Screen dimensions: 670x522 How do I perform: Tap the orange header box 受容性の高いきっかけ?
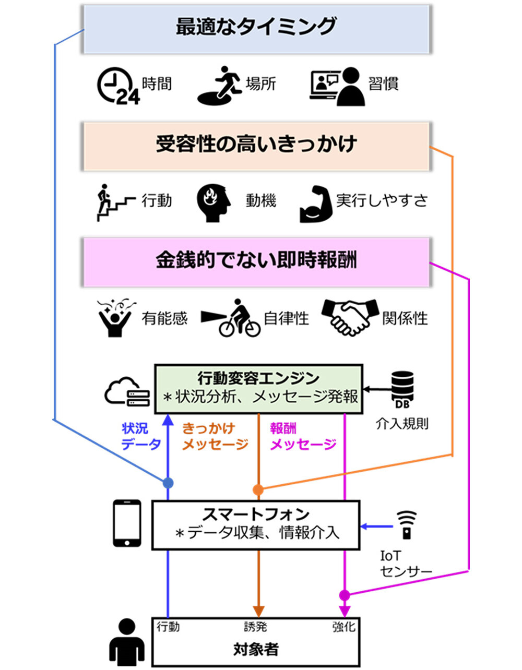coord(256,146)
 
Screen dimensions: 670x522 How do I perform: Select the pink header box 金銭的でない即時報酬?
coord(256,261)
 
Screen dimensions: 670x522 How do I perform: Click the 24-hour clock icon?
coord(117,86)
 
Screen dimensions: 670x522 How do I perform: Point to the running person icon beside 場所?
coord(219,85)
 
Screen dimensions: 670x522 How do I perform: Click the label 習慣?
coord(383,83)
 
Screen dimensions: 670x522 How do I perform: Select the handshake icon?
coord(350,316)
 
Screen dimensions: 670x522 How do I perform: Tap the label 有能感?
coord(164,318)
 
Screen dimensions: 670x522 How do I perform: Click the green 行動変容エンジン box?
coord(259,389)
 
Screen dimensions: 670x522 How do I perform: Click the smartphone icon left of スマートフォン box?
coord(127,523)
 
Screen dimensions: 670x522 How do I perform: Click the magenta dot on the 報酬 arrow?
coord(345,595)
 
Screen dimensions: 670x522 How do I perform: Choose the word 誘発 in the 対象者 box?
coord(256,627)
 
